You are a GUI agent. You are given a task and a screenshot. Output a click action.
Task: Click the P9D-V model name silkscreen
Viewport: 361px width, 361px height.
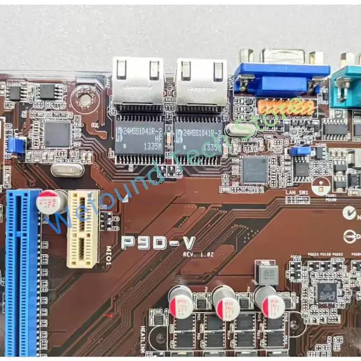tap(159, 243)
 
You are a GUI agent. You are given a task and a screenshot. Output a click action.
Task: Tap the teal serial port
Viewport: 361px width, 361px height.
tap(346, 85)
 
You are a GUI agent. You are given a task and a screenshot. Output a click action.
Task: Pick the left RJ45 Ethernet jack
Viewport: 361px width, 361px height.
tap(138, 79)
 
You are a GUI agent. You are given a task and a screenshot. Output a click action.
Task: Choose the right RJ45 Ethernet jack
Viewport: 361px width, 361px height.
tap(200, 79)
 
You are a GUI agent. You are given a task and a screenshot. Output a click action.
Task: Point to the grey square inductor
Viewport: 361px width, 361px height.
tap(267, 273)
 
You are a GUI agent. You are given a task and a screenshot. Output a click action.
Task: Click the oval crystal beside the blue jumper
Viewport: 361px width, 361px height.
tap(68, 169)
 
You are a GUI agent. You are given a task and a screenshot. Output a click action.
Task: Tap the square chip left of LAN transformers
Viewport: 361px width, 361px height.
tap(58, 134)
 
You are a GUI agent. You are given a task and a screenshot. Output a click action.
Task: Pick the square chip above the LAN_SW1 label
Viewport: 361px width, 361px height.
tap(255, 169)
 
